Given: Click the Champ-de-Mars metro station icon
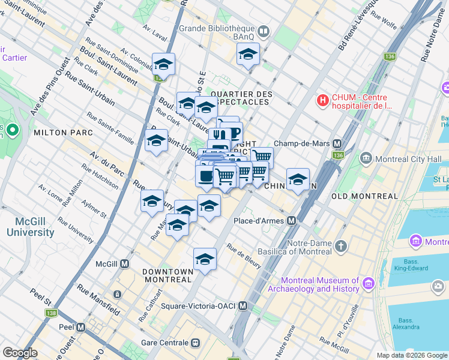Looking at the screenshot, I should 337,143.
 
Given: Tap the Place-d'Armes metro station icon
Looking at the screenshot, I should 291,221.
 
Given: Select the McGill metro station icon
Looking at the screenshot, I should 124,263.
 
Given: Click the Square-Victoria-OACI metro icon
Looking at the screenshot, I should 243,305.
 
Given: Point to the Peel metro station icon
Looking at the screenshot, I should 80,327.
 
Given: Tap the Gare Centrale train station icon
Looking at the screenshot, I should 195,343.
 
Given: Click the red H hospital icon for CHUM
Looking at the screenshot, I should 323,100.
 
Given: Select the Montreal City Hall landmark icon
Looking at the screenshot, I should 366,158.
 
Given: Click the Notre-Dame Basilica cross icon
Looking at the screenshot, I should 341,246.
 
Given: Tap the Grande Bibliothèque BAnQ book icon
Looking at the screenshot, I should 264,31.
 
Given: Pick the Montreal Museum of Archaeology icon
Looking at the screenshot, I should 368,284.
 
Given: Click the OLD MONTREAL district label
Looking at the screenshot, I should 364,196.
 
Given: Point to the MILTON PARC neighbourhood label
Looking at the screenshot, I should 63,132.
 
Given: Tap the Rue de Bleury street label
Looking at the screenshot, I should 243,253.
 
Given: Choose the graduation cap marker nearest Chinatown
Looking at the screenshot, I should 298,179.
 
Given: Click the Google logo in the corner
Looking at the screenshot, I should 19,353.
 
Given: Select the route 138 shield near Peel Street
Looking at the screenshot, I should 52,313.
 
